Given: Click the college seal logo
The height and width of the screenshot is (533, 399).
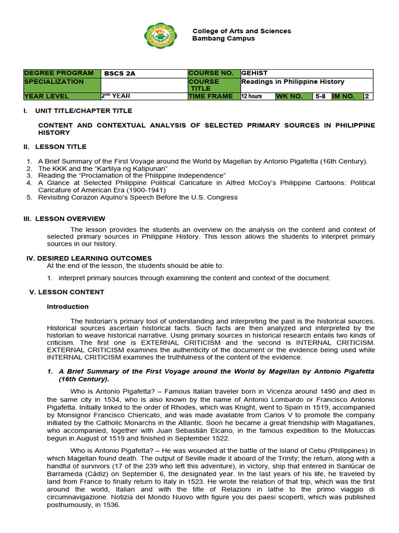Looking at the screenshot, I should coord(161,35).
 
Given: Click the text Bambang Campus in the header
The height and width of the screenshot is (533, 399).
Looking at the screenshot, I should coord(223,39).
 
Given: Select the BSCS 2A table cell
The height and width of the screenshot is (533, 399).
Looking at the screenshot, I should coord(120,73).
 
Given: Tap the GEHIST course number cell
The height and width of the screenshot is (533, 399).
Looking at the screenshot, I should coord(255,73).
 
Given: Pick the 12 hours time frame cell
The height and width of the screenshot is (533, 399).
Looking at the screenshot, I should coord(251,96).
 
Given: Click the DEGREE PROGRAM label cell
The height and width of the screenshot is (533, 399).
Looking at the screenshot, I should coord(59,73).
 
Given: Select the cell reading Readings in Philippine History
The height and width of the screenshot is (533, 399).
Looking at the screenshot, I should coord(292,82).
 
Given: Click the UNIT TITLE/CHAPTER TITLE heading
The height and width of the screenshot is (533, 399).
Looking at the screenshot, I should coord(83,111).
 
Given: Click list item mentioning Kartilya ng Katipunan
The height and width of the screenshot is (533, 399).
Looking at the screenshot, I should coord(103,169).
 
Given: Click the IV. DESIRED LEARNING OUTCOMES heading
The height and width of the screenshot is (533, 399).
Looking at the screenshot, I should coord(89,258).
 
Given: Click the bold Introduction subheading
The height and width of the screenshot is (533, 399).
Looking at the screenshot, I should coord(68,307).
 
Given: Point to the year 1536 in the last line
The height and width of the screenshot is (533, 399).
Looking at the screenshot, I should coord(111,504).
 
